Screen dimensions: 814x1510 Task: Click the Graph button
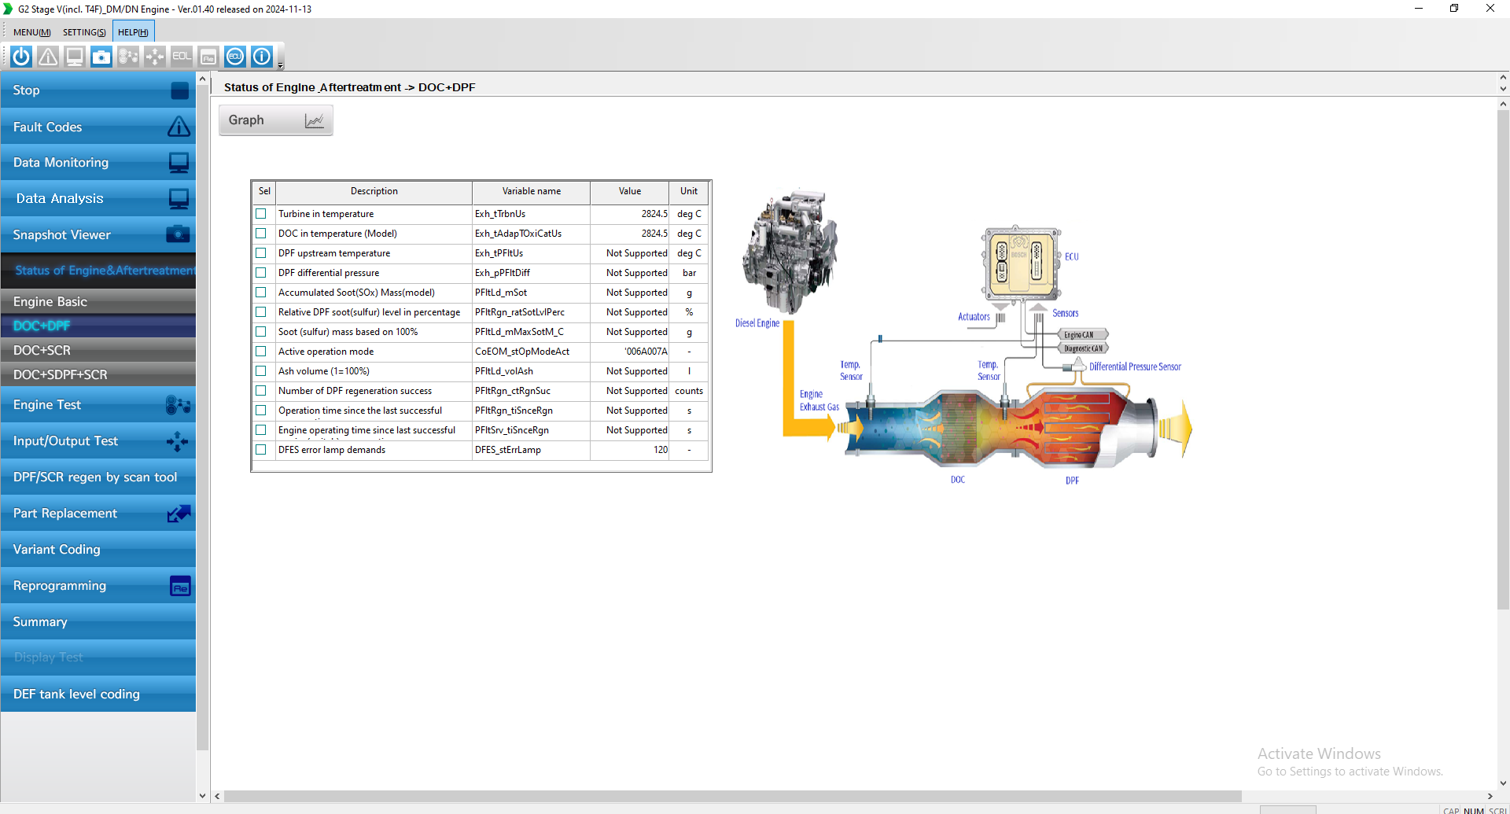[x=275, y=120]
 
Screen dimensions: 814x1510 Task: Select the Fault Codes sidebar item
[x=98, y=127]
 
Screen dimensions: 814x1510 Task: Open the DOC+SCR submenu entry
[x=98, y=351]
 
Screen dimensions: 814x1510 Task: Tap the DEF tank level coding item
[x=98, y=694]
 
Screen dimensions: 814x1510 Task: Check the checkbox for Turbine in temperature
[x=261, y=214]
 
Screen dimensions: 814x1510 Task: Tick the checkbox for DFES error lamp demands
[x=261, y=450]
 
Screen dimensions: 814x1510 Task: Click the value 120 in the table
[x=660, y=450]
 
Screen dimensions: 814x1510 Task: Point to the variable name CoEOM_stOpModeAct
[x=521, y=352]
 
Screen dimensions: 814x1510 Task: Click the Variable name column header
[x=531, y=191]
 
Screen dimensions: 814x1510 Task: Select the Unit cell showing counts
[x=689, y=391]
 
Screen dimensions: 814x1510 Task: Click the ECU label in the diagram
[x=1072, y=257]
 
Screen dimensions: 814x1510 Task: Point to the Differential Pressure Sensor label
[x=1134, y=367]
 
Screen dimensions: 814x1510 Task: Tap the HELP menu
[x=133, y=32]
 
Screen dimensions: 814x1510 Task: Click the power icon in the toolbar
[x=21, y=57]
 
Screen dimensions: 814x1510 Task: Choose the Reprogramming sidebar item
[x=98, y=586]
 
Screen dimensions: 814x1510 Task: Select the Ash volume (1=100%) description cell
[x=324, y=371]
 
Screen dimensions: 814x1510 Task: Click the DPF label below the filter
[x=1072, y=481]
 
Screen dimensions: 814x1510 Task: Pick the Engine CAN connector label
[x=1080, y=335]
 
